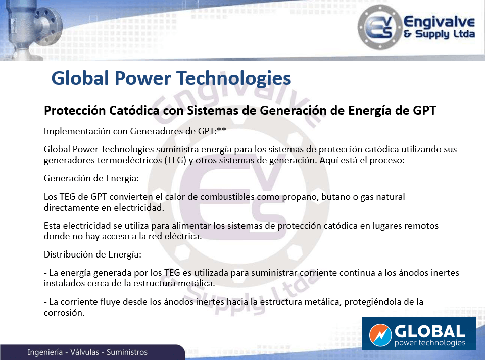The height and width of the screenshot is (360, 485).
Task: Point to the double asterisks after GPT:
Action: pyautogui.click(x=221, y=130)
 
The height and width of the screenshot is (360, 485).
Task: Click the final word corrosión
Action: pyautogui.click(x=64, y=313)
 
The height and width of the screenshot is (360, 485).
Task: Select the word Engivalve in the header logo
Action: pyautogui.click(x=439, y=22)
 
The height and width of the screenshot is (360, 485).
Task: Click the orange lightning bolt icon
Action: pyautogui.click(x=380, y=335)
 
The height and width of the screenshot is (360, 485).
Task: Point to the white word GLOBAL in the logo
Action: pyautogui.click(x=430, y=331)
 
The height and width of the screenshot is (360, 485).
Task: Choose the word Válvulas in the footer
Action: pyautogui.click(x=84, y=352)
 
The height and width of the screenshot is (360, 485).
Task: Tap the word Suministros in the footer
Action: pyautogui.click(x=127, y=352)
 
